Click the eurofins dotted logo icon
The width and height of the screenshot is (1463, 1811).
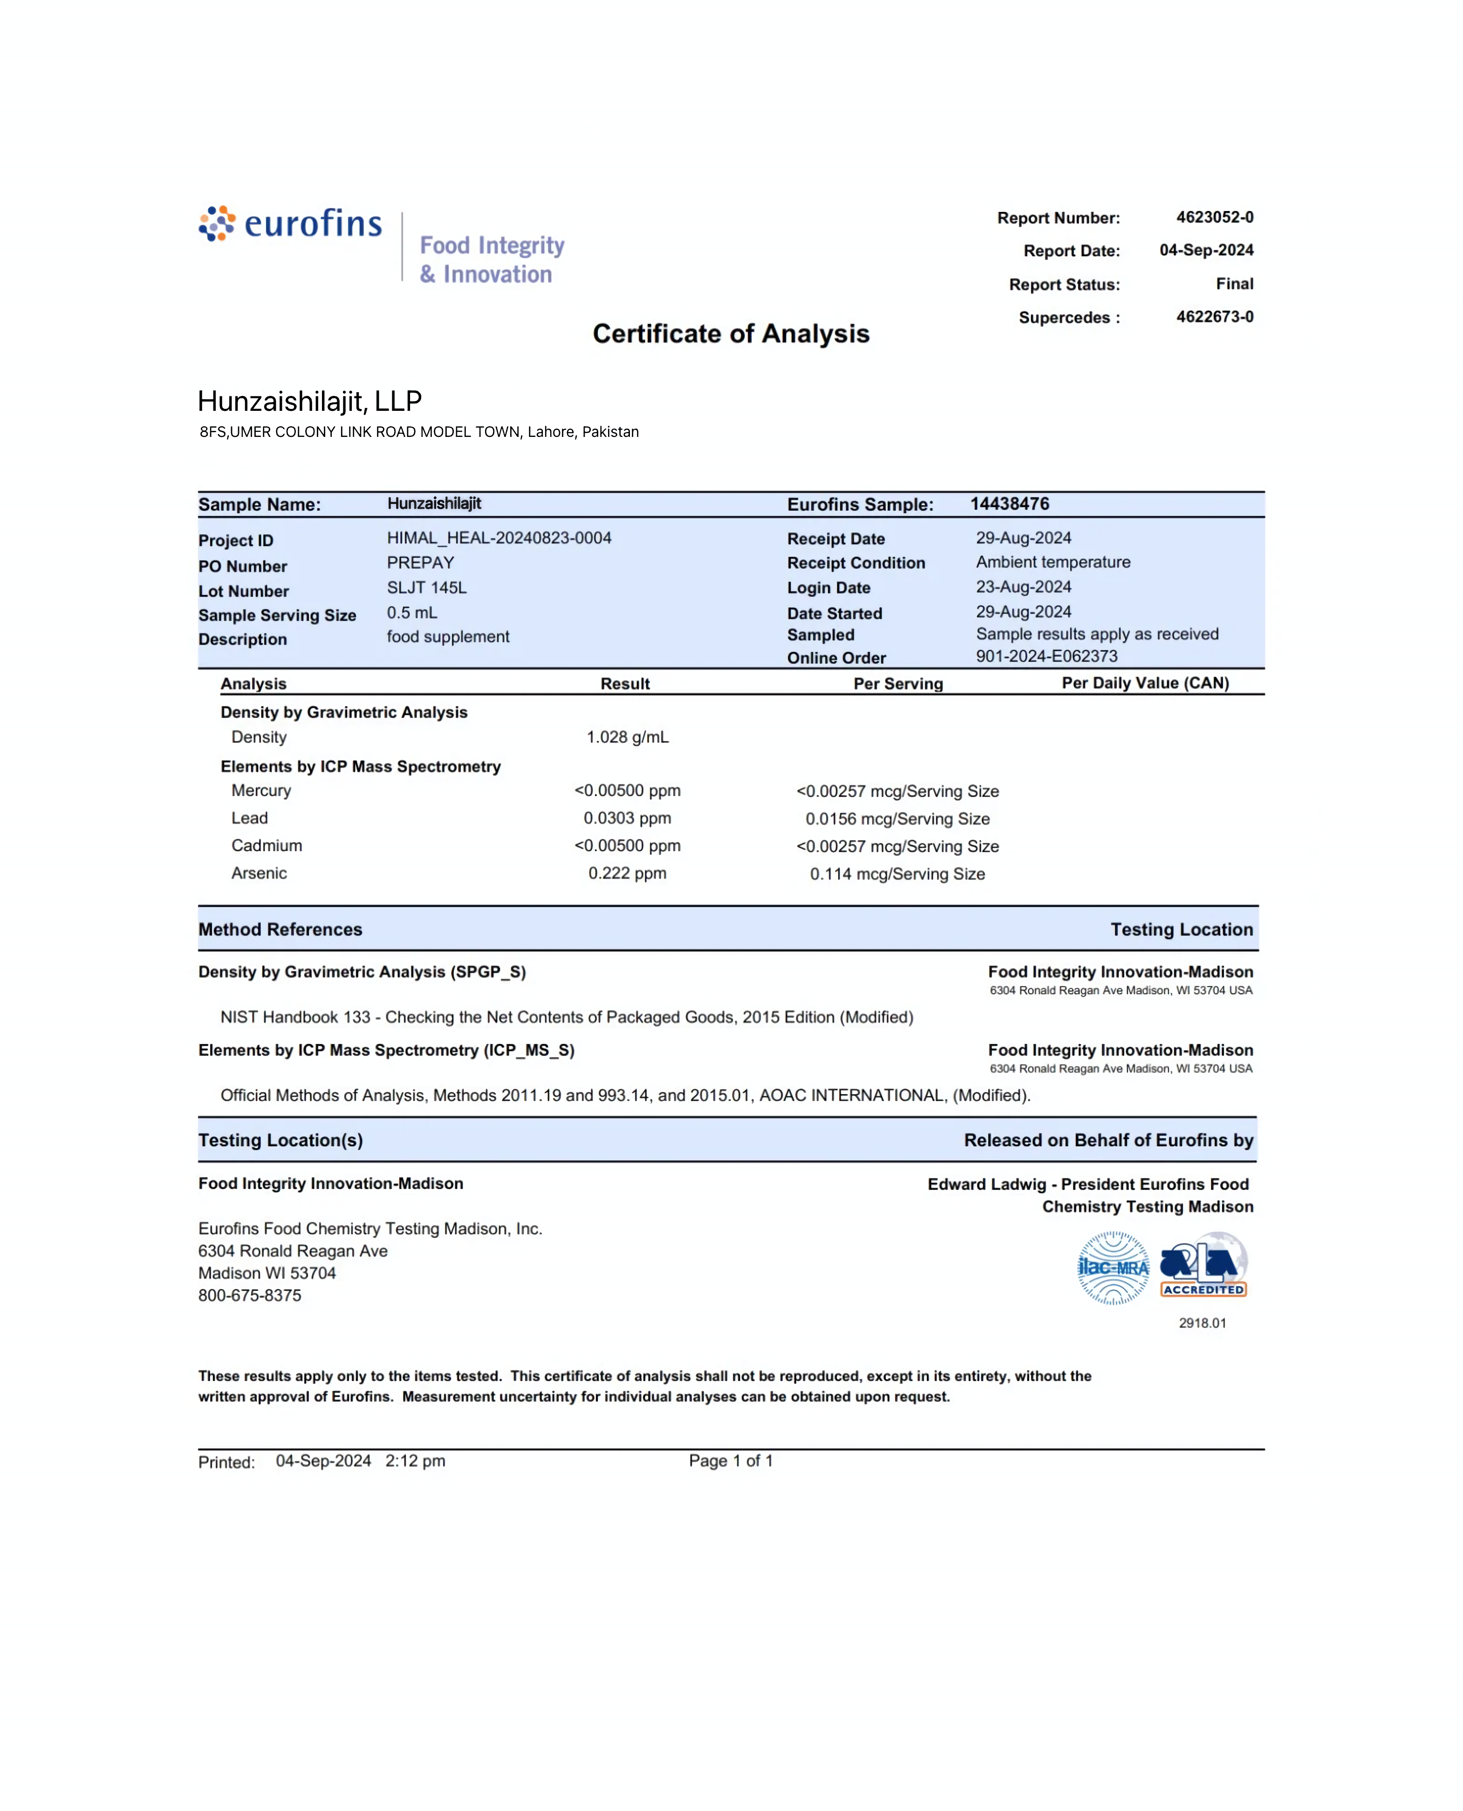pos(217,223)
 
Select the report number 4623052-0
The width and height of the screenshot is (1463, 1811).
pos(1214,218)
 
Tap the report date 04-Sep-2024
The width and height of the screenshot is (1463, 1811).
pos(1206,250)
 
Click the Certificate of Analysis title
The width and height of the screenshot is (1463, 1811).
pos(731,334)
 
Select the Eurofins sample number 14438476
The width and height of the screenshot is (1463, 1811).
pos(1010,504)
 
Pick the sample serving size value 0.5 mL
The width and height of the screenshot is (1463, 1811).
pos(412,613)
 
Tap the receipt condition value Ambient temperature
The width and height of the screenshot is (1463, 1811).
pos(1053,562)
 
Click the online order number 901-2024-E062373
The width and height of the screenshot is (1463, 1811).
pos(1046,656)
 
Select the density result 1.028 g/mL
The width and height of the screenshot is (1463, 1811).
pos(627,737)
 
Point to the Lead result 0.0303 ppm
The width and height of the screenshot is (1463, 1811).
pos(627,818)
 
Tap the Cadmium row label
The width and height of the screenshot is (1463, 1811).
pos(267,846)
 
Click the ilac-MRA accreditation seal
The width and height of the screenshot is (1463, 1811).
pos(1113,1268)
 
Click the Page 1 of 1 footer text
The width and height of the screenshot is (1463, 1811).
pos(731,1461)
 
